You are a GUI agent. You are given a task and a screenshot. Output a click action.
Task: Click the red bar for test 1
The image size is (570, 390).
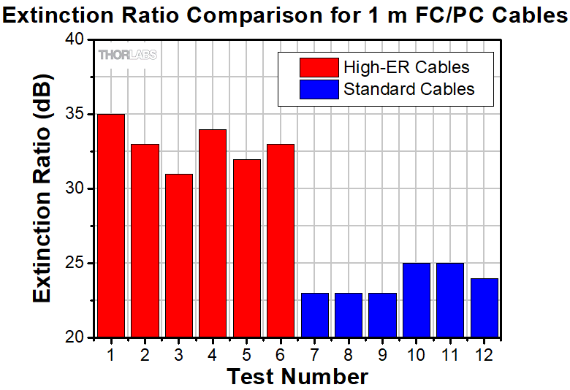coord(110,226)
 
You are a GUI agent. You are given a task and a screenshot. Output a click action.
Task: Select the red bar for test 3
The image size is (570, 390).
coord(179,256)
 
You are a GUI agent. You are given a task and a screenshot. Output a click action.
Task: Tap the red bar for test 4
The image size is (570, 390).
coord(213,233)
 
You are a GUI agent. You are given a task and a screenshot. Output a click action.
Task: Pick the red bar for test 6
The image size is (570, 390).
coord(281,240)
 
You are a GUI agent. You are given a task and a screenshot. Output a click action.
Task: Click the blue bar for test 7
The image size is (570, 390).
coord(315,315)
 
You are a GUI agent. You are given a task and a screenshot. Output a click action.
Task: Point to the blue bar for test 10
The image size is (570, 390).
coord(416,300)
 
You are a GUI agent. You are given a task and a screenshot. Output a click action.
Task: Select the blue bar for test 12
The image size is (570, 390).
coord(484,307)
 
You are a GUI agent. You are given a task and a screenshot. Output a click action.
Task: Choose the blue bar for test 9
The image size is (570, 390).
coord(382,315)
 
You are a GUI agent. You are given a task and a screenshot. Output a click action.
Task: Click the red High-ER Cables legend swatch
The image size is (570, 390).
coord(319,67)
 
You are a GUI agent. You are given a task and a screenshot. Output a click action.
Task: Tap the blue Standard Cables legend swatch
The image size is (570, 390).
coord(319,89)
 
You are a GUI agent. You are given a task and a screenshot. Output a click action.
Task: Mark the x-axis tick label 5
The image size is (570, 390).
coord(246,354)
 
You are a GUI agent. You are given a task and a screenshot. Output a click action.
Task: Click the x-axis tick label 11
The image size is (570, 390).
coord(449,354)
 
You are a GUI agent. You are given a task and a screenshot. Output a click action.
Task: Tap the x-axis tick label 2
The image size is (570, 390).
coord(145,354)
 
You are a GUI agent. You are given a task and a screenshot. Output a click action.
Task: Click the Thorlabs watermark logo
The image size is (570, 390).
coord(127,55)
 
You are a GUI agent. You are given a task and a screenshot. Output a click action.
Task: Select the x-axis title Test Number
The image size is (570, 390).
coord(297,376)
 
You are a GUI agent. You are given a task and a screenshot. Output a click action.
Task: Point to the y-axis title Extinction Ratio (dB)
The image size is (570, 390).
coord(42,188)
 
